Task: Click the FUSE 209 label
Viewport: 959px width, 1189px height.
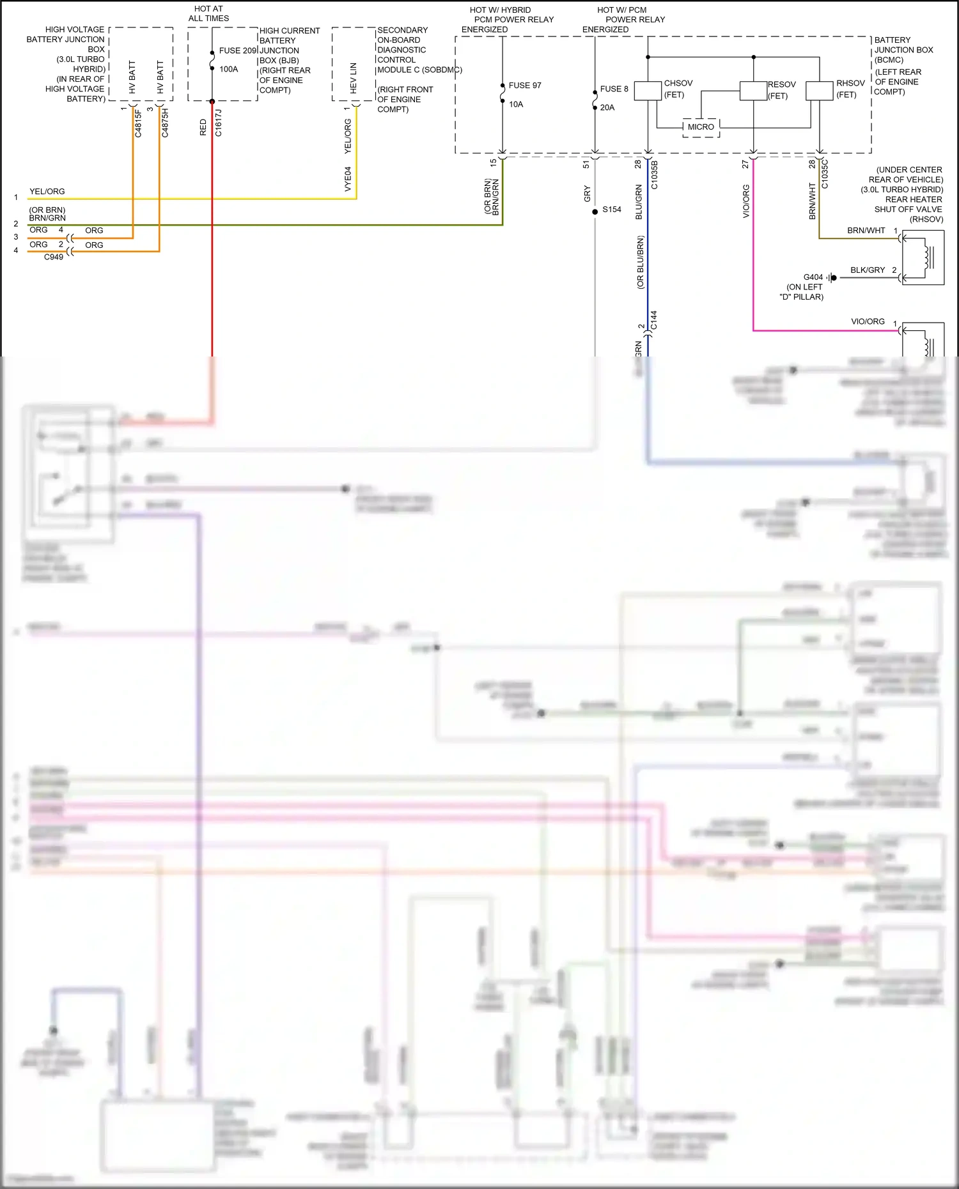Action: coord(237,50)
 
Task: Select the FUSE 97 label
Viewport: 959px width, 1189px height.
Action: coord(524,86)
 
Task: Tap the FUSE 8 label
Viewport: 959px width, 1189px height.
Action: coord(614,89)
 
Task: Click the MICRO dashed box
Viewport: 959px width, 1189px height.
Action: coord(701,127)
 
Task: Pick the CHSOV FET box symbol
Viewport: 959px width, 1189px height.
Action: coord(648,91)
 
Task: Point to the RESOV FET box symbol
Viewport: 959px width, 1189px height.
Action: coord(753,91)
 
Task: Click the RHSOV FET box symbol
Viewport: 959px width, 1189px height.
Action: coord(819,91)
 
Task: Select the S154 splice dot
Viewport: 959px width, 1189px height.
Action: coord(595,210)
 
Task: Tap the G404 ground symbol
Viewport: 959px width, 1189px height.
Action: coord(831,278)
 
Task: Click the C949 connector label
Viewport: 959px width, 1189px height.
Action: coord(54,257)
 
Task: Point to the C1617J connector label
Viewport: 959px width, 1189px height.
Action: coord(219,123)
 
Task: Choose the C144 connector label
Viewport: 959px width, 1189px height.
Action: coord(654,320)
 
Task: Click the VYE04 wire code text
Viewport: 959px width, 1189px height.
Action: coord(348,179)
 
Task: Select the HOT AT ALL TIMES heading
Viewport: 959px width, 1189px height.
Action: coord(208,13)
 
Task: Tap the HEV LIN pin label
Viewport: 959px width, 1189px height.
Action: coord(354,78)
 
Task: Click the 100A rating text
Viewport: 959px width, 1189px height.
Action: coord(228,69)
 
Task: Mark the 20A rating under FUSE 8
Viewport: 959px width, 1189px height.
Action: coord(607,108)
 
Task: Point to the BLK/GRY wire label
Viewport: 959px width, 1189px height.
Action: coord(867,270)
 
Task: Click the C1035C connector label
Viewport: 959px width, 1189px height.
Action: coord(825,174)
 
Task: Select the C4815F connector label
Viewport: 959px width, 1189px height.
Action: coord(138,123)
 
